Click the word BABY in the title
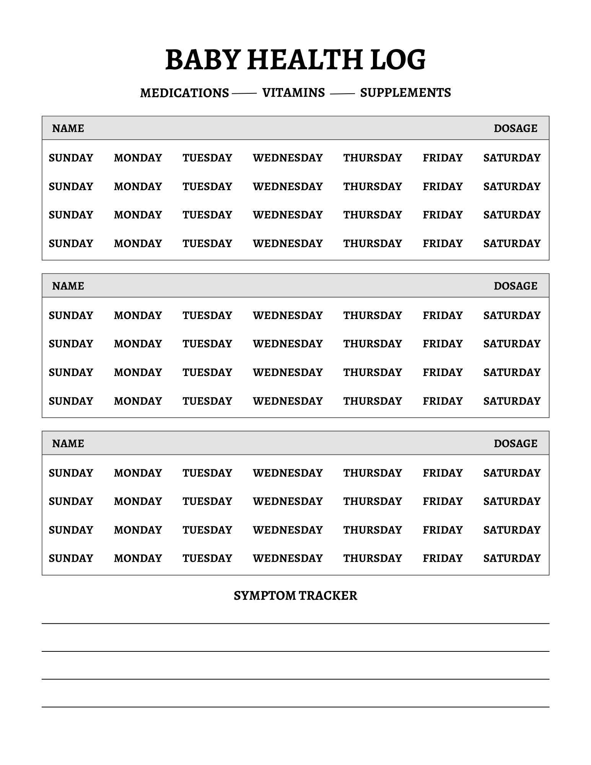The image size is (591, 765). pyautogui.click(x=202, y=60)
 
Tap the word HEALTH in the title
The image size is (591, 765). pyautogui.click(x=304, y=60)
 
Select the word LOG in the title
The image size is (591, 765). pyautogui.click(x=398, y=60)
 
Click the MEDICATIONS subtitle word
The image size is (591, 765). pyautogui.click(x=184, y=93)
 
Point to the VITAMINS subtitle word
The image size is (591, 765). pyautogui.click(x=293, y=93)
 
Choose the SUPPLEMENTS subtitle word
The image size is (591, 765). pyautogui.click(x=405, y=93)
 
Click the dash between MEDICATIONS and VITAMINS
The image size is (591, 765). pyautogui.click(x=244, y=93)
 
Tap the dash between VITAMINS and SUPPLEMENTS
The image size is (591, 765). pyautogui.click(x=342, y=93)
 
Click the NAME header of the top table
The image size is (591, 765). pyautogui.click(x=68, y=129)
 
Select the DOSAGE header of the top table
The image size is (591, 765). pyautogui.click(x=515, y=129)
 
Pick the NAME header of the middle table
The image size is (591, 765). pyautogui.click(x=68, y=286)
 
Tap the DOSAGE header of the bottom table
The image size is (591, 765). pyautogui.click(x=515, y=444)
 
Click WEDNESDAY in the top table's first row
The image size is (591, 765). pyautogui.click(x=288, y=158)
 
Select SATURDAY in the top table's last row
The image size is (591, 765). pyautogui.click(x=512, y=244)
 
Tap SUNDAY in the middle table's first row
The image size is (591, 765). pyautogui.click(x=71, y=316)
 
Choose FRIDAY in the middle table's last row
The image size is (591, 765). pyautogui.click(x=443, y=401)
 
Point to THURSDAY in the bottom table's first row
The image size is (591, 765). pyautogui.click(x=372, y=473)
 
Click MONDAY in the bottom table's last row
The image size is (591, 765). pyautogui.click(x=138, y=558)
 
